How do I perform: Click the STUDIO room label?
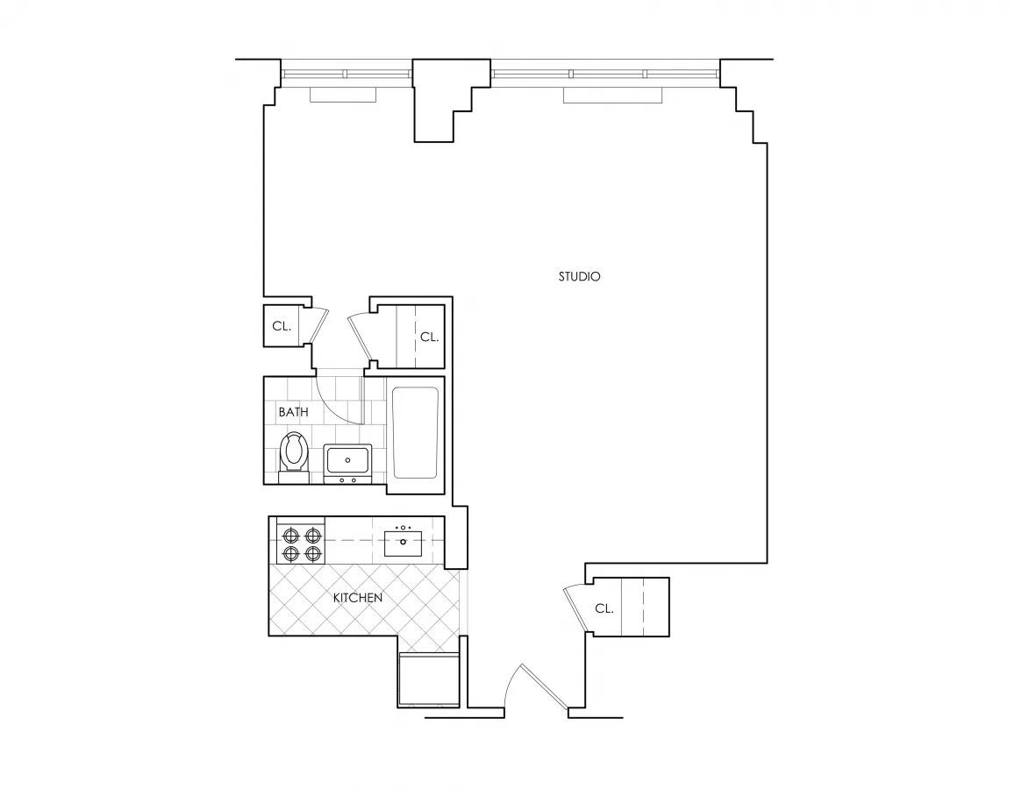coord(579,277)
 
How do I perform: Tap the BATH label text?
coord(293,412)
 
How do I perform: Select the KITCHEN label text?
coord(358,598)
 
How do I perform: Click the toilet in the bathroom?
coord(294,453)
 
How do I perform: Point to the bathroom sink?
coord(347,458)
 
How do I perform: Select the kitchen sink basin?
coord(404,543)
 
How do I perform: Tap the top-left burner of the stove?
coord(289,534)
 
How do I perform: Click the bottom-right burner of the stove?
coord(312,554)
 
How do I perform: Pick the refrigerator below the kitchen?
coord(428,679)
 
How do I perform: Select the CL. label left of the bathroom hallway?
coord(281,326)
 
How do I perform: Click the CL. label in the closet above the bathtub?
coord(429,337)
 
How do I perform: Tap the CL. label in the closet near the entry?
coord(604,608)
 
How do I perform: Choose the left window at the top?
coord(346,74)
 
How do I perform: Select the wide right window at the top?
coord(605,74)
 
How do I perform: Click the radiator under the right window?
coord(612,96)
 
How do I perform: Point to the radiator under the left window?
coord(343,95)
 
